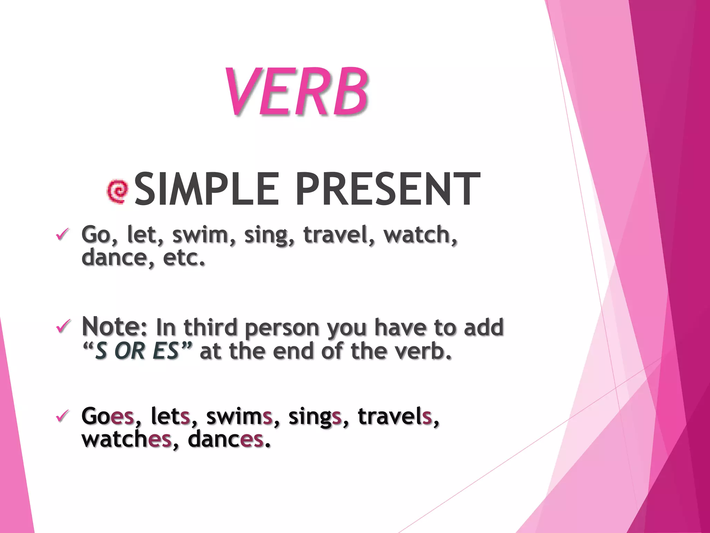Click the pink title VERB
(x=296, y=92)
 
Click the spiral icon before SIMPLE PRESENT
(x=118, y=191)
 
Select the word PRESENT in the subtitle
(x=388, y=190)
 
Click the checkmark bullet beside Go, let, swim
(x=62, y=235)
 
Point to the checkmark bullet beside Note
(x=62, y=327)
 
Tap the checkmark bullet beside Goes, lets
(x=62, y=415)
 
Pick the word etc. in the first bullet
(x=184, y=259)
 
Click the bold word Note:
(x=114, y=327)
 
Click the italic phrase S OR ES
(x=137, y=351)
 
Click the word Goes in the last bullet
(x=107, y=416)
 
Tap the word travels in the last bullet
(x=395, y=416)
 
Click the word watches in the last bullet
(x=127, y=440)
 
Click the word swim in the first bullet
(x=200, y=235)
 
